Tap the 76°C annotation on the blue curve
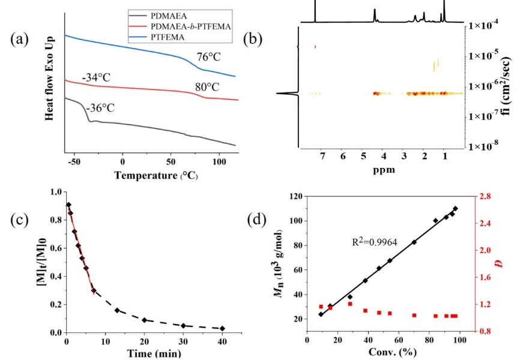coord(210,58)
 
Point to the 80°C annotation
coord(207,86)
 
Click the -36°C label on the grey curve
coord(98,109)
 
